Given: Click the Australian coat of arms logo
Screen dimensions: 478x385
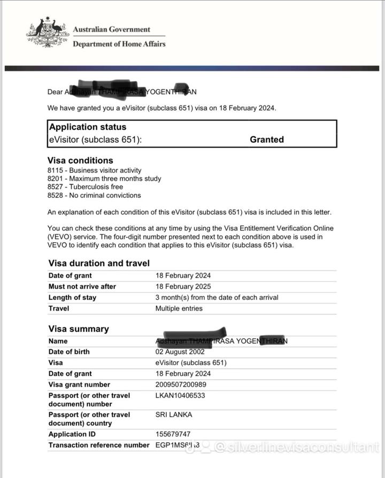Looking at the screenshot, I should (47, 33).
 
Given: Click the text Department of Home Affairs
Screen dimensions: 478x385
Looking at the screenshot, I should (119, 44).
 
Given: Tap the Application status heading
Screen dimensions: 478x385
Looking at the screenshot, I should (88, 127).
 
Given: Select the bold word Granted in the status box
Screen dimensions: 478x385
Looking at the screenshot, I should (267, 140).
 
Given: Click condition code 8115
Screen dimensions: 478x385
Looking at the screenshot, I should (56, 170).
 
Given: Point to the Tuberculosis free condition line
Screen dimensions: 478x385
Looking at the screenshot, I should (85, 187).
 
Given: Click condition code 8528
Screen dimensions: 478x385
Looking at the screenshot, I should (56, 196).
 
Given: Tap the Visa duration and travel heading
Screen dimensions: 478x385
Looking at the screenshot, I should (99, 263).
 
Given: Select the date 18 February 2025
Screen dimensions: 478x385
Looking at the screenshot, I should (183, 287).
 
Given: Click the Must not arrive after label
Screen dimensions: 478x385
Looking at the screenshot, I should (82, 287).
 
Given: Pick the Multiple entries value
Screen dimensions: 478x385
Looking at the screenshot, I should (179, 309).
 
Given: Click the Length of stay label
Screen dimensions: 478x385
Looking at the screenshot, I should (72, 297).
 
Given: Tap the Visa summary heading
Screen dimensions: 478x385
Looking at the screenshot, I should (79, 329).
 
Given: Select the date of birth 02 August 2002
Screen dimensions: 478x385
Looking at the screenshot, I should (180, 352).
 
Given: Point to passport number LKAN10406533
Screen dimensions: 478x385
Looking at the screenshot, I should (180, 396).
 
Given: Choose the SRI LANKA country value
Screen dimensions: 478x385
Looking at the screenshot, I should (174, 414).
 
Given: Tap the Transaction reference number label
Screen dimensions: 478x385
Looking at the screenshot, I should (99, 445).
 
